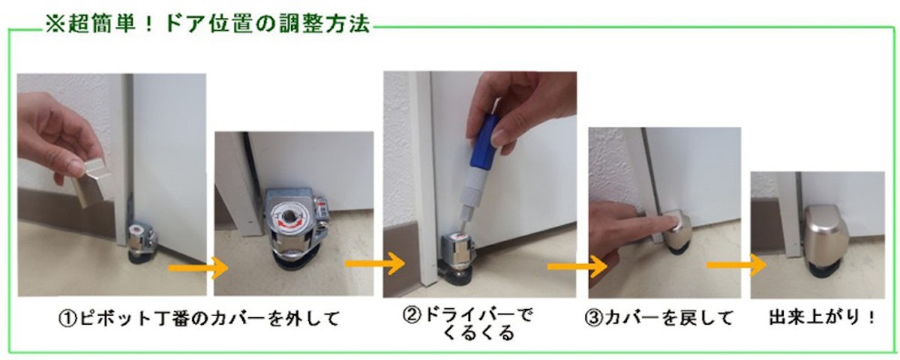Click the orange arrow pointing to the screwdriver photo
(x=375, y=263)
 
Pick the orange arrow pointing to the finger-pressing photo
(x=577, y=266)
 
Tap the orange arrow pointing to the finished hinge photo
(x=736, y=265)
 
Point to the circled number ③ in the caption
(x=594, y=318)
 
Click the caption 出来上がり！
(x=821, y=317)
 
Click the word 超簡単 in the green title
(x=101, y=24)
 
